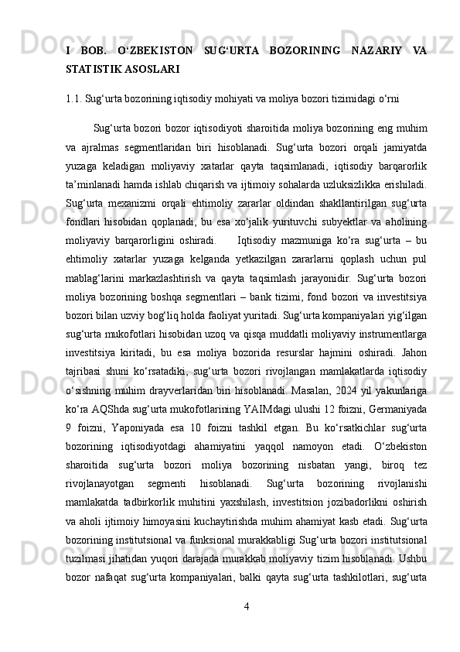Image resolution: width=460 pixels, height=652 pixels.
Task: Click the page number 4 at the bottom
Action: tap(245, 605)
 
